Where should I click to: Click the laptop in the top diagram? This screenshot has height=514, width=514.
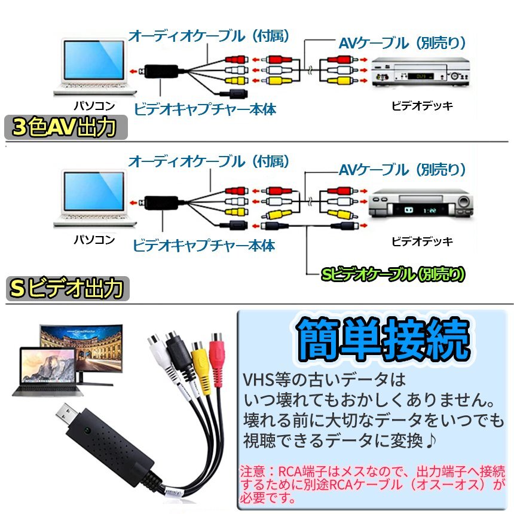coord(94,67)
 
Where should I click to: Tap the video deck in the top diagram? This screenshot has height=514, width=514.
coord(421,72)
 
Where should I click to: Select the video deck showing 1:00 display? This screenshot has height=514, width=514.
coord(421,203)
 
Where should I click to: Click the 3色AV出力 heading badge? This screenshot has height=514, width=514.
coord(66,127)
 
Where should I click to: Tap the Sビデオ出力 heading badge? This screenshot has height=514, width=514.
coord(68,289)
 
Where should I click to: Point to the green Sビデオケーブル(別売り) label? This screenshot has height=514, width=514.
coord(393,275)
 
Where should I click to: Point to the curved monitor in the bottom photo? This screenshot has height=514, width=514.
coord(81,354)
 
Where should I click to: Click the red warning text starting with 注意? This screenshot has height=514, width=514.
coord(372,485)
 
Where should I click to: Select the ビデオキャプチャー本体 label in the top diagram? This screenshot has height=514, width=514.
coord(205,109)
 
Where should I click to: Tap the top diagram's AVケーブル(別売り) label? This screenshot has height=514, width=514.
coord(402,43)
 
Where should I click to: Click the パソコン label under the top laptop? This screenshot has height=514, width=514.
coord(94,106)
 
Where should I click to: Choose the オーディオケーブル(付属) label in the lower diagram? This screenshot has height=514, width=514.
coord(209,161)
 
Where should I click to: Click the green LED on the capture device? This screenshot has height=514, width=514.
coord(87,430)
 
